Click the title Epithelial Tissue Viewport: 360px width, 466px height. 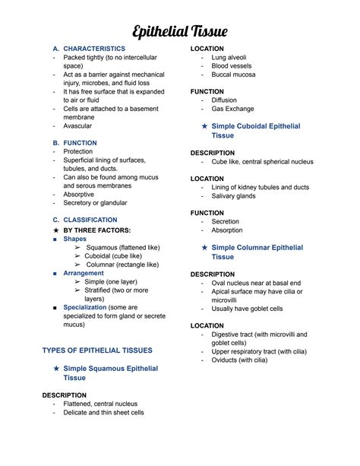pos(180,31)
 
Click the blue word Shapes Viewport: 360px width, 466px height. pos(74,239)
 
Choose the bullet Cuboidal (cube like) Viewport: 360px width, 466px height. pos(113,256)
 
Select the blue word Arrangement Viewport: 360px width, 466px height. pos(84,273)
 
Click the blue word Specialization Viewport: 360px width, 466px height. pos(89,307)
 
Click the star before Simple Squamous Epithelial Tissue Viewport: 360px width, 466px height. pos(57,369)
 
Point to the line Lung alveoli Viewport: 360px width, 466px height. pos(229,58)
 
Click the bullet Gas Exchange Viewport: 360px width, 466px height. pos(233,109)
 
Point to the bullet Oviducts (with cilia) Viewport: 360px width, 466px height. pos(239,360)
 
